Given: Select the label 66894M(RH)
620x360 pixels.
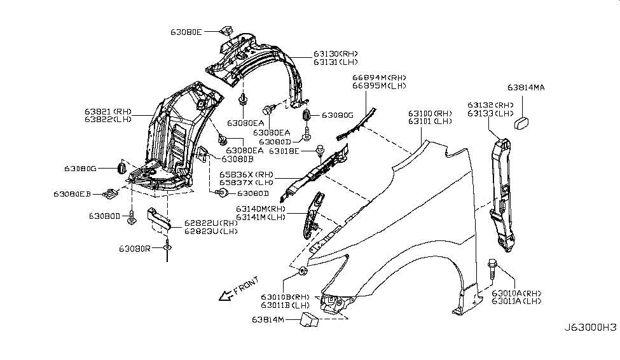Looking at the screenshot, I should click(380, 78).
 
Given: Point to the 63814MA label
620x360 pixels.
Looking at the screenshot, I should click(526, 88).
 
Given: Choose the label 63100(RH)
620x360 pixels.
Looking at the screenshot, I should click(430, 112).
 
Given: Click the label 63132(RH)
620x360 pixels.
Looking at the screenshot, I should click(490, 104).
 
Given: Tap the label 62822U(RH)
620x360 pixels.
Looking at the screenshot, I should click(211, 223).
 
